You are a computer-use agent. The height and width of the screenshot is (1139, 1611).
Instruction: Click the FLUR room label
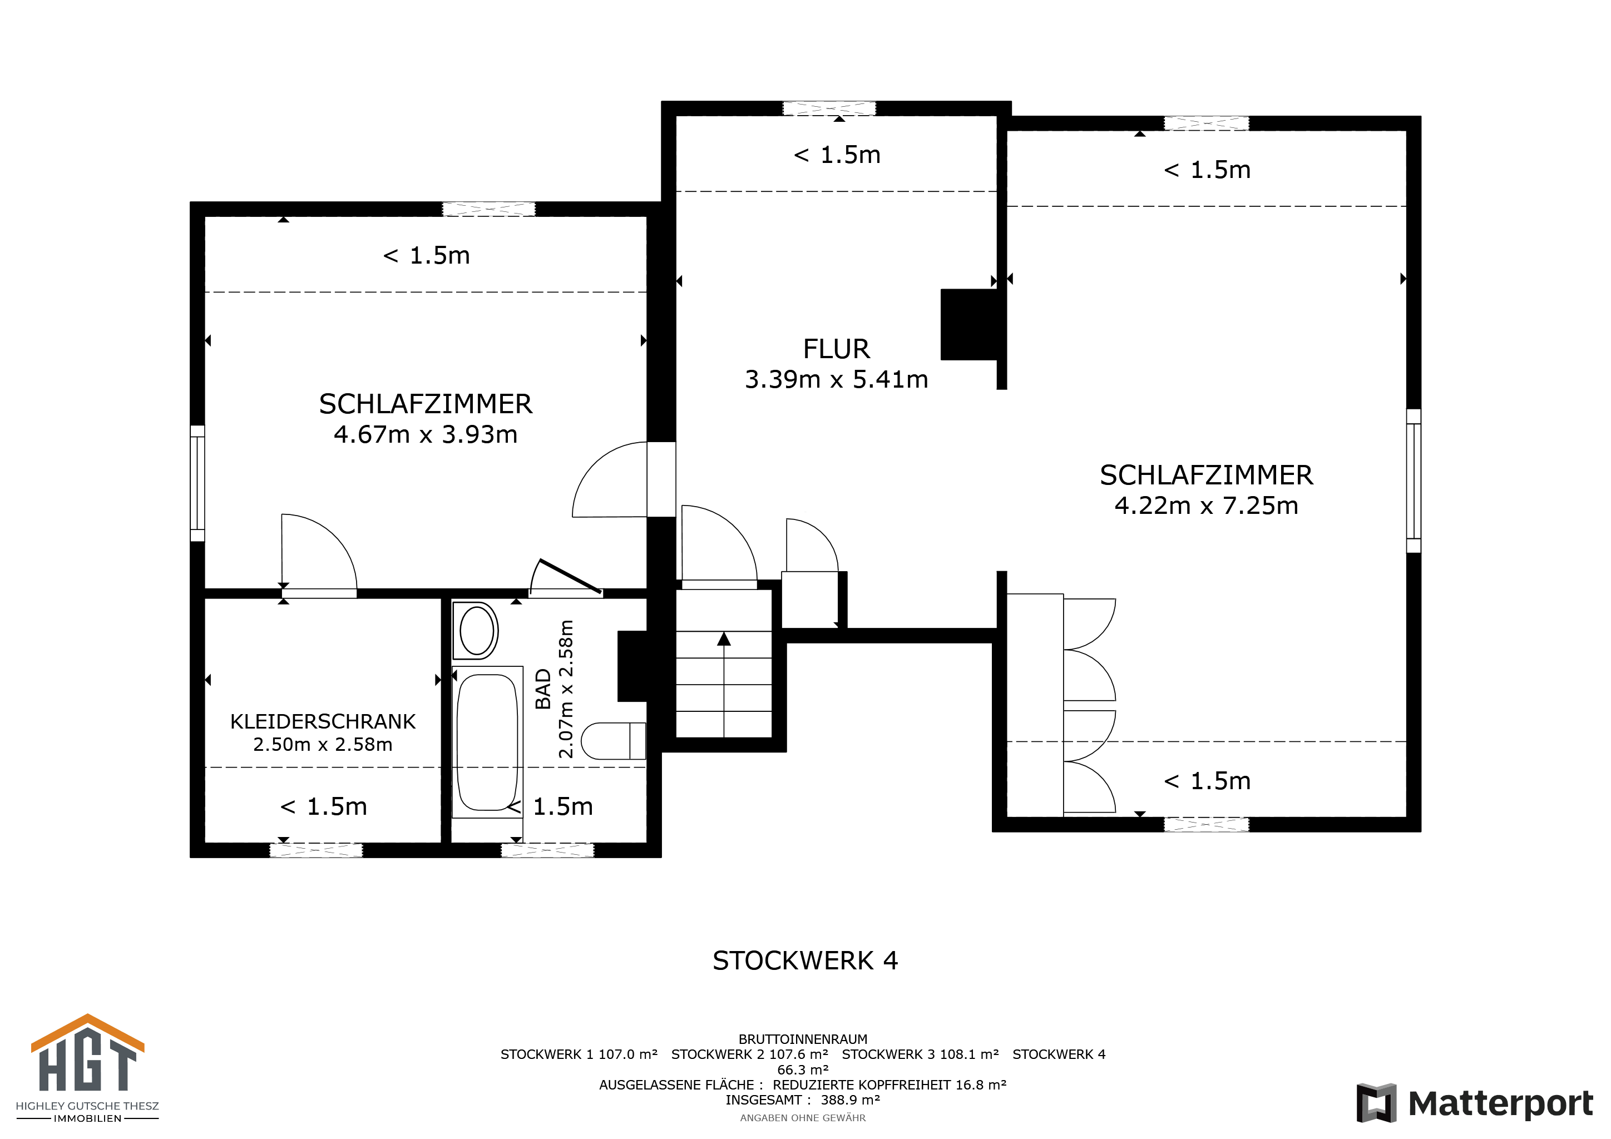(x=836, y=349)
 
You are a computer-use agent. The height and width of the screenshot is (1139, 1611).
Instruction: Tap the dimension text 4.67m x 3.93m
(x=425, y=434)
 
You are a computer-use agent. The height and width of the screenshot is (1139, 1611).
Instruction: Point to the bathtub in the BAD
(x=487, y=741)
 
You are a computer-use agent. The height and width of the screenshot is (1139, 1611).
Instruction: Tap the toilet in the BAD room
(x=613, y=741)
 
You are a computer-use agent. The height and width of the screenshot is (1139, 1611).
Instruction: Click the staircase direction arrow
(x=723, y=684)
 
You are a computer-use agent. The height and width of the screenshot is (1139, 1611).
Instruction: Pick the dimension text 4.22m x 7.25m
(x=1206, y=505)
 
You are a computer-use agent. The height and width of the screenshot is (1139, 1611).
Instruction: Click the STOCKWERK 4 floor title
(x=805, y=960)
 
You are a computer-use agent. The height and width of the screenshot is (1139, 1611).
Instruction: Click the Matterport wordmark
(x=1500, y=1103)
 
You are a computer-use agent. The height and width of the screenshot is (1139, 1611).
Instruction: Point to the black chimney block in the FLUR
(x=968, y=325)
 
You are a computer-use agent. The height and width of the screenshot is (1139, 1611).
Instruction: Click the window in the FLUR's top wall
(x=829, y=108)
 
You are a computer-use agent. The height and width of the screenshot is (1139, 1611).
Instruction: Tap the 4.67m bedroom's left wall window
(x=197, y=483)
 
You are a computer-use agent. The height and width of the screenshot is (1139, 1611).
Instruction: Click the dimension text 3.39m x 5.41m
(x=836, y=379)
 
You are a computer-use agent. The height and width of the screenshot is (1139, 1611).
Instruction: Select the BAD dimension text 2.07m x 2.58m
(x=566, y=689)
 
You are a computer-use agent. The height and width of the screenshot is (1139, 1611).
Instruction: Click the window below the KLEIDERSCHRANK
(x=316, y=850)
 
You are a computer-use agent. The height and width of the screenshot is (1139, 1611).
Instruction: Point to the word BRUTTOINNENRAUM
(x=803, y=1039)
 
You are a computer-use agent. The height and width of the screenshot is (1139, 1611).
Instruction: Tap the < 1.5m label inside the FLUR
(x=836, y=154)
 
